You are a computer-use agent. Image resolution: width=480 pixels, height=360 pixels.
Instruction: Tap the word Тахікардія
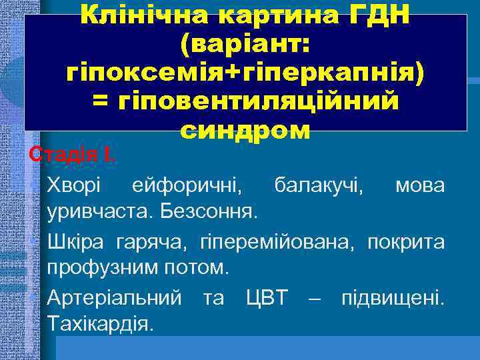(101, 325)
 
